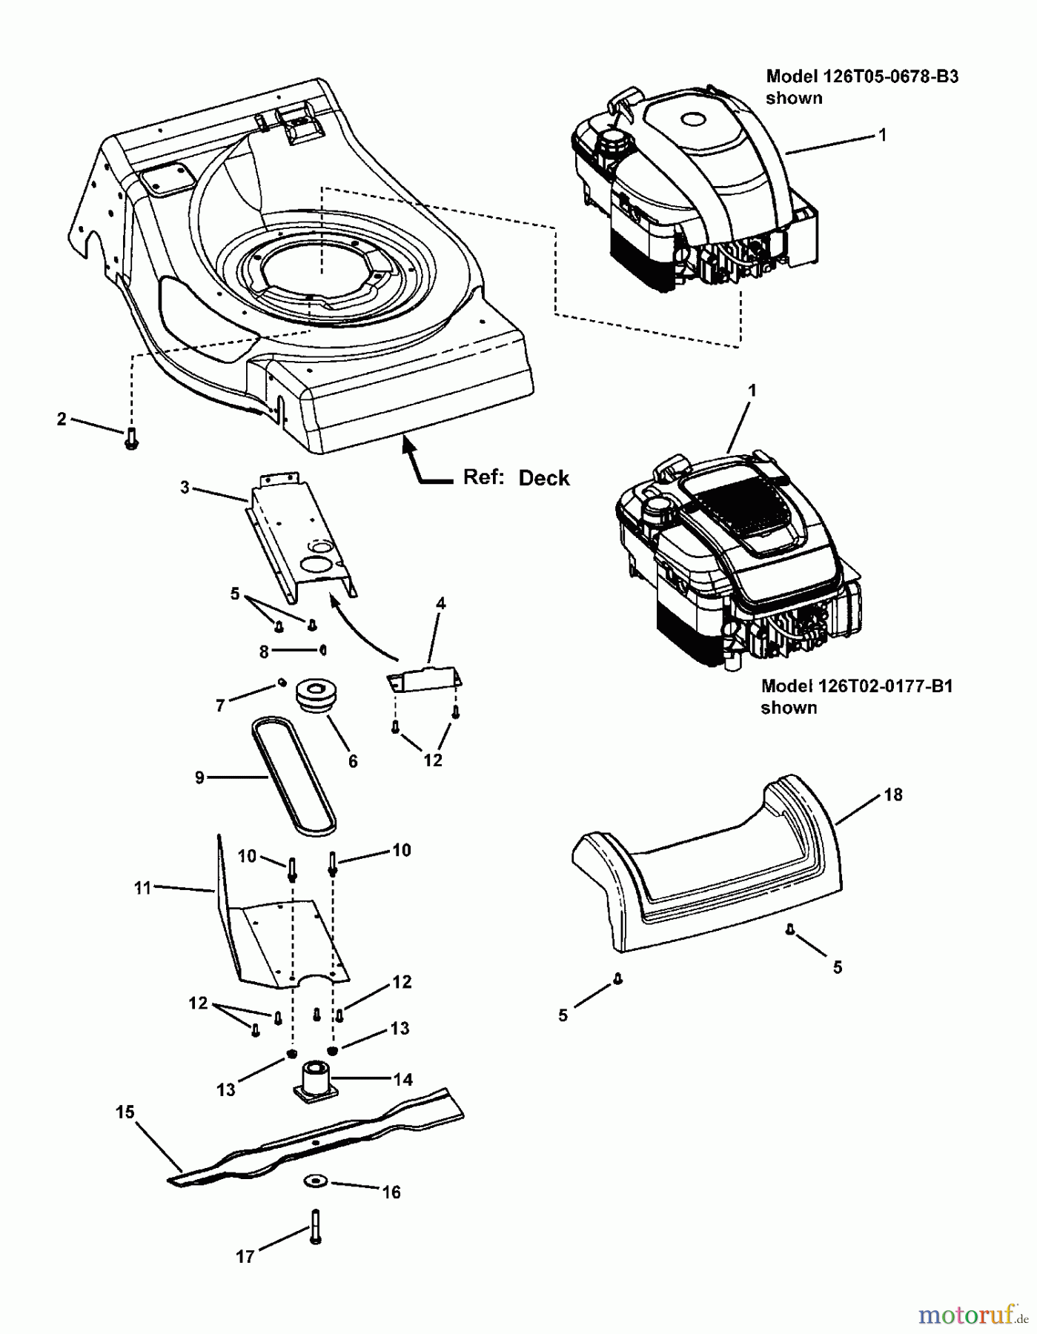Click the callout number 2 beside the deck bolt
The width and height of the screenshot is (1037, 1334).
pos(62,419)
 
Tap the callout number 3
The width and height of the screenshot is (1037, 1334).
pos(185,487)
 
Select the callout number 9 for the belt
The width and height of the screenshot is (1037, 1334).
pos(199,778)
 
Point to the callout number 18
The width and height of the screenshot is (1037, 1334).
pos(893,794)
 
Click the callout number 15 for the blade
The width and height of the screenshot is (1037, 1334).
pos(125,1112)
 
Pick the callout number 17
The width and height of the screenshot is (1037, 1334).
pos(245,1256)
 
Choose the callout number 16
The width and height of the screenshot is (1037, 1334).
pos(391,1192)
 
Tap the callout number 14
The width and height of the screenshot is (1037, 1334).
pos(402,1080)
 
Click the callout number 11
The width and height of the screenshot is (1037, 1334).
pos(142,887)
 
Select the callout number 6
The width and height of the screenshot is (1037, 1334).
pos(353,761)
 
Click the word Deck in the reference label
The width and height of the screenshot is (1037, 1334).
pos(544,478)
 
